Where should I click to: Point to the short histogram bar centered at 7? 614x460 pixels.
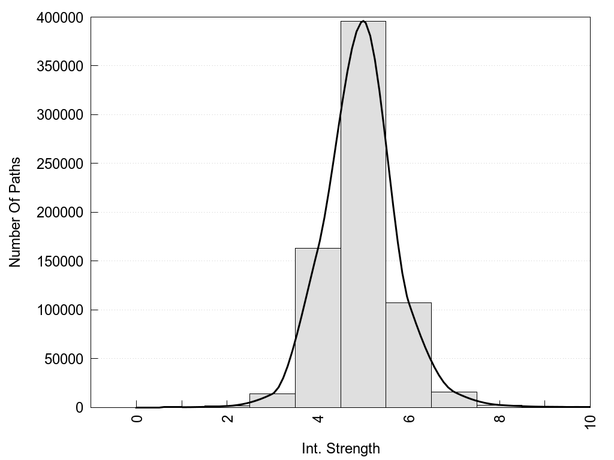[x=454, y=400]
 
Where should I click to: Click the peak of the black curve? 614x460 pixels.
[x=363, y=21]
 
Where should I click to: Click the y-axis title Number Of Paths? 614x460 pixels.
[x=15, y=212]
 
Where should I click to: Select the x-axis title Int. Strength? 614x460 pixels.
[x=341, y=448]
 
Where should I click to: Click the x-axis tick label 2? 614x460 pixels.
[x=228, y=418]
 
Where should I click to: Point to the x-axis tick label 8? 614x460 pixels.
[x=500, y=418]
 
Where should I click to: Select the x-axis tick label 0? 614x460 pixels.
[x=137, y=418]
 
